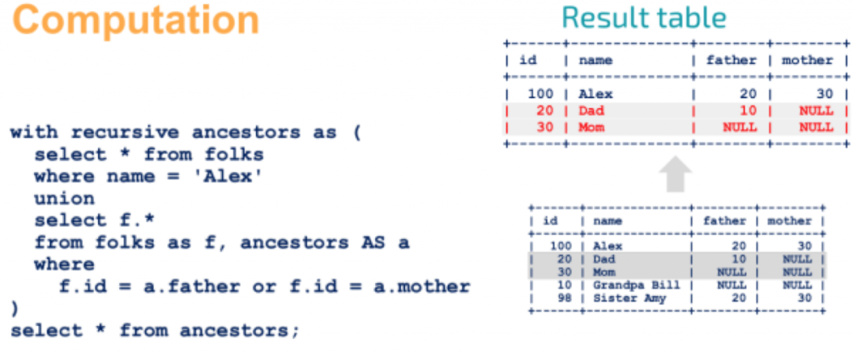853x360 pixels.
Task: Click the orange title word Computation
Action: point(136,21)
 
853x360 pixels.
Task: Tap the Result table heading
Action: point(644,17)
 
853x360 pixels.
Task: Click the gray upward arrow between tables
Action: point(675,174)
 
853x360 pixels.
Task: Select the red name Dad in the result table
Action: point(592,111)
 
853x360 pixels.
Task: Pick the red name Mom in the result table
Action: point(592,127)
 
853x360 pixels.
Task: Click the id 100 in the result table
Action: point(541,94)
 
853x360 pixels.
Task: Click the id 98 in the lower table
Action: point(565,298)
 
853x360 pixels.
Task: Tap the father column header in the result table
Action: point(731,60)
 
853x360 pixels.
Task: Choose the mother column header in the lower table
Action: point(789,221)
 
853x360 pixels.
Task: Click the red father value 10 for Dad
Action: point(749,111)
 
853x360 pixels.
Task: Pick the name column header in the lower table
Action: point(607,221)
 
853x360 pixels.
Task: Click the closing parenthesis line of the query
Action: point(15,309)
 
